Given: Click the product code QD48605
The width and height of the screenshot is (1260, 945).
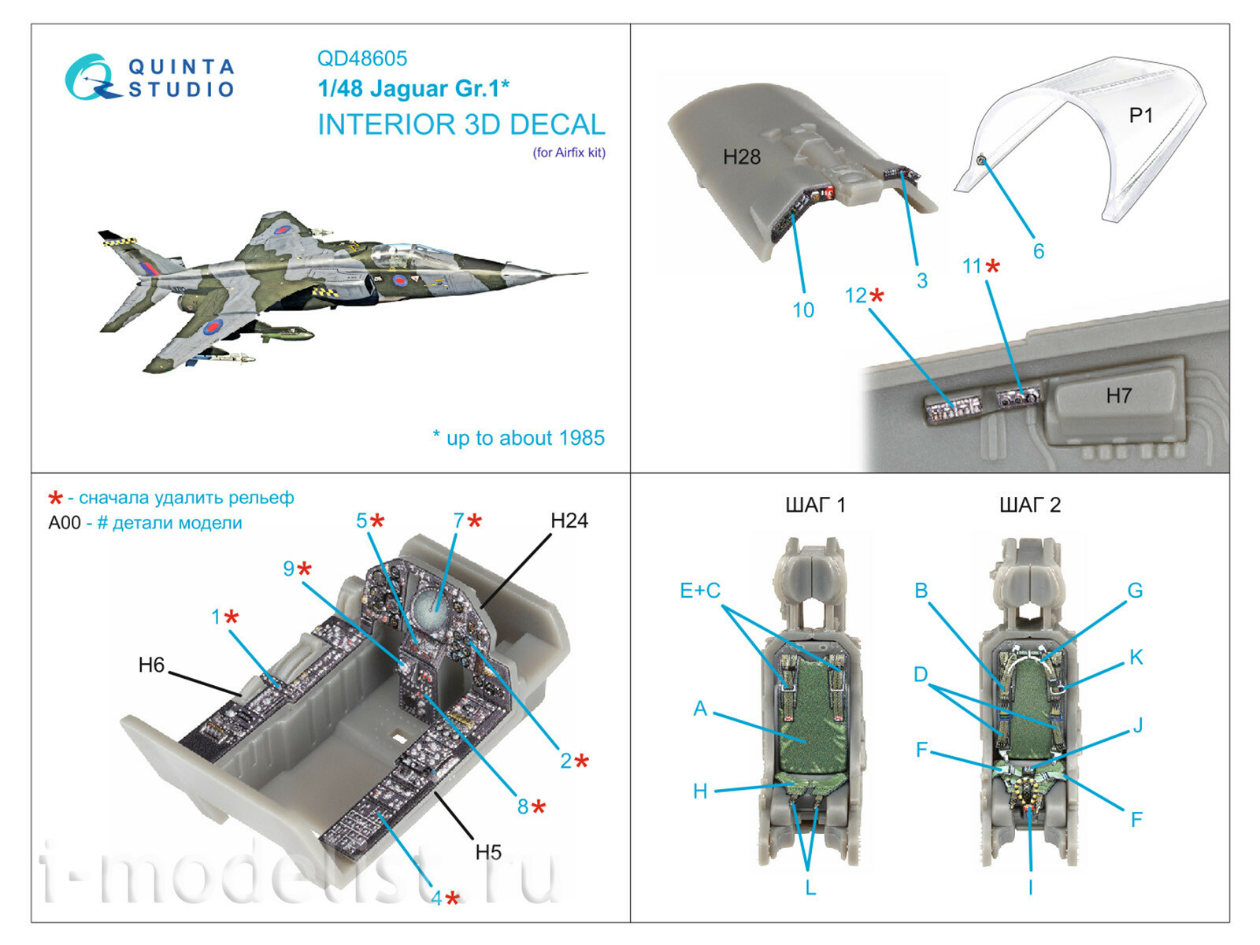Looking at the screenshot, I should [x=361, y=58].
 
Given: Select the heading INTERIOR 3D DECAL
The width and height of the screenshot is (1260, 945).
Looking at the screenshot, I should [x=461, y=124].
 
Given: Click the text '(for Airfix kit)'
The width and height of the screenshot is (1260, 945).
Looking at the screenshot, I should [x=569, y=153].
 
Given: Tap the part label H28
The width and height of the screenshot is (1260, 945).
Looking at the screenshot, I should [x=741, y=157].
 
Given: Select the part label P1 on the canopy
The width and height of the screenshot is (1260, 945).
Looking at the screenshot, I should [x=1140, y=115].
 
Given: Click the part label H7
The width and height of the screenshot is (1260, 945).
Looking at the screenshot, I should [x=1118, y=395].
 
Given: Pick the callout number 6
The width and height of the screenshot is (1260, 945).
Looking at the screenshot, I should [x=1038, y=251].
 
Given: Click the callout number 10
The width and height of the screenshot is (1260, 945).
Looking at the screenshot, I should [x=802, y=310].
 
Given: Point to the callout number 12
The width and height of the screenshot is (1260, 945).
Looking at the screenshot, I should [x=855, y=295].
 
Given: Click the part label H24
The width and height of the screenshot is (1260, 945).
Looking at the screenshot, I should [x=569, y=521].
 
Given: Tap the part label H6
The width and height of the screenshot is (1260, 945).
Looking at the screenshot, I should [x=151, y=665].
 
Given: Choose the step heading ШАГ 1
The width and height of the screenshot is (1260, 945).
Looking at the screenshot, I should [x=815, y=505].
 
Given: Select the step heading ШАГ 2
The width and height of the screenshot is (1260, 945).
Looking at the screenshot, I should [x=1029, y=505].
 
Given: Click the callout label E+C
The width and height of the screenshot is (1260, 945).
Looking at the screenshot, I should [x=699, y=591].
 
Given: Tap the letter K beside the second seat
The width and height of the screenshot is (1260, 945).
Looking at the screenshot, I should [x=1135, y=658].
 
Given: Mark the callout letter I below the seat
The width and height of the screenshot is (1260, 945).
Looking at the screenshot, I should [x=1030, y=888].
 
